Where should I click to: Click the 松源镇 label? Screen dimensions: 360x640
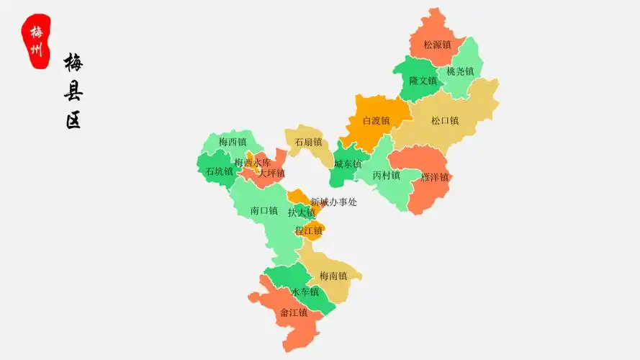pos(437,45)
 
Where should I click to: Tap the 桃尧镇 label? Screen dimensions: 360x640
pos(460,71)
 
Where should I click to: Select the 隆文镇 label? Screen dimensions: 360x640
pos(423,81)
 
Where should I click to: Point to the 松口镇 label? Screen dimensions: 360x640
pos(445,121)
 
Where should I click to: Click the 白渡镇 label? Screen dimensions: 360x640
pos(376,121)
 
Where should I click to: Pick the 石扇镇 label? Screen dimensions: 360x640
pos(308,142)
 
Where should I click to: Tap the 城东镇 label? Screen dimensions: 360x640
pos(348,164)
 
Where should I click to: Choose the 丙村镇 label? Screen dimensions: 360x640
pos(387,176)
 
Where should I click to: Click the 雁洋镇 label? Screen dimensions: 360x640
pos(435,177)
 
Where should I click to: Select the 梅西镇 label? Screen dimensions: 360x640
pos(233,142)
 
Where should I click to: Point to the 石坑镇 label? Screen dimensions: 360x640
pos(219,171)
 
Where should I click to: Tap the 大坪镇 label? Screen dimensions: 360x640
pos(271,174)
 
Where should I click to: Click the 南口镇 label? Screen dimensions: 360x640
pos(264,211)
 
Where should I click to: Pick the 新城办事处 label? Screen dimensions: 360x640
pos(334,202)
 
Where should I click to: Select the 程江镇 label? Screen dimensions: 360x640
pos(308,230)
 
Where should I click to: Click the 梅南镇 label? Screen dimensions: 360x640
pos(333,276)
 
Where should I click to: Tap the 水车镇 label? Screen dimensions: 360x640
pos(305,292)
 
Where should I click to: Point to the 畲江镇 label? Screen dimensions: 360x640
pos(294,312)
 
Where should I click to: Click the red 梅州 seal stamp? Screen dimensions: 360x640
pos(37,41)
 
